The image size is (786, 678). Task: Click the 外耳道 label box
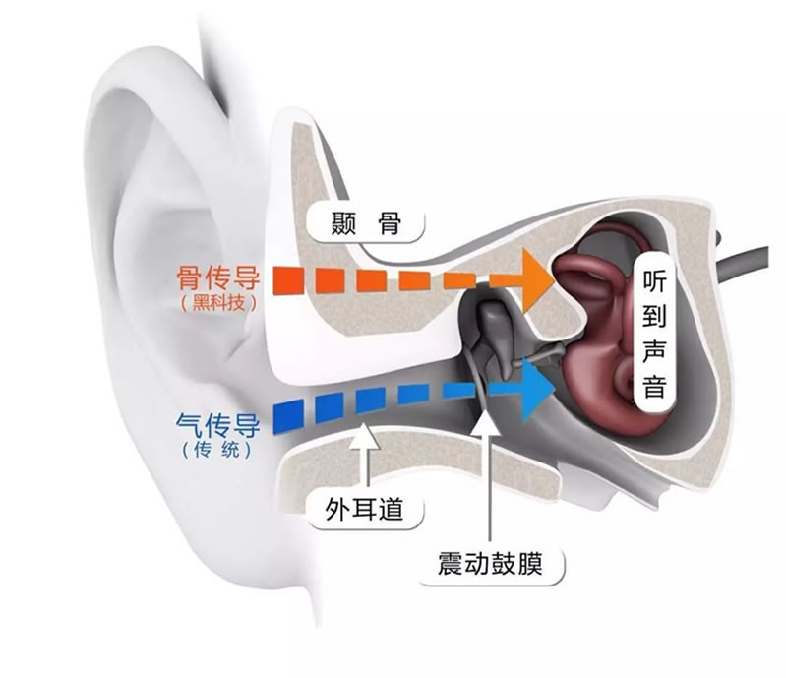(365, 509)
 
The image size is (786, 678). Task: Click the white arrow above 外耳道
(365, 448)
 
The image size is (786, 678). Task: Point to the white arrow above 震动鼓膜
(488, 462)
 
